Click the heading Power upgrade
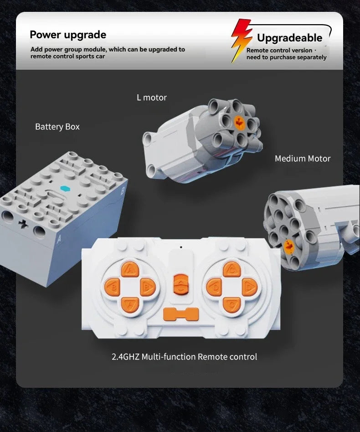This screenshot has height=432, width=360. coord(68,35)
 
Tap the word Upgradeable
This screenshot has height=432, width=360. coord(289,38)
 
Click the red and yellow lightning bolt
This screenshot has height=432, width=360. coord(241,41)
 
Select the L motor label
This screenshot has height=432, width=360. coord(152,98)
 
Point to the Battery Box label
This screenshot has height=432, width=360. coord(57,127)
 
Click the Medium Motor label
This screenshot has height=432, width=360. coord(303,159)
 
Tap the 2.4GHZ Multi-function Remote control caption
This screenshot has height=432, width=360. coord(184,357)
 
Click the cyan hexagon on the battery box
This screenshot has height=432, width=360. coord(65,189)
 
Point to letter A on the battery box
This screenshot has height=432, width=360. coord(59,239)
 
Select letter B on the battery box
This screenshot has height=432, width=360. coord(123,190)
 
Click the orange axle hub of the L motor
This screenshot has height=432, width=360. coord(239,122)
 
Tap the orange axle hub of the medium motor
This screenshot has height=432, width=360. coord(288,246)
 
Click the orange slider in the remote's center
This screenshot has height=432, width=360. coord(181,284)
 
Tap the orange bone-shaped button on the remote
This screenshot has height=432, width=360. coord(181,314)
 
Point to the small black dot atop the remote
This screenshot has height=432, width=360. coord(181,247)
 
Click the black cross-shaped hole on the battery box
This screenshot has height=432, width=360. coord(23,224)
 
